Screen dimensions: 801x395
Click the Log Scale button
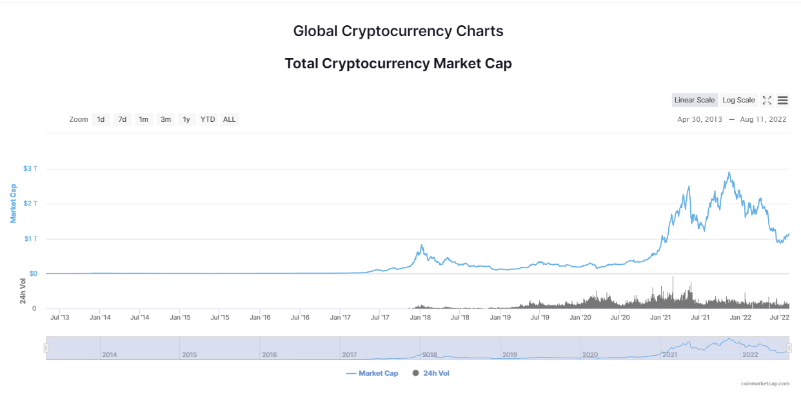[x=738, y=100]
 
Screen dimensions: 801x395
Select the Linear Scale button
[x=695, y=100]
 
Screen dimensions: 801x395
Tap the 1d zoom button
[x=101, y=119]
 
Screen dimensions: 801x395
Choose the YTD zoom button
[x=208, y=119]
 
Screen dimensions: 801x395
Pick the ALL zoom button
[x=229, y=119]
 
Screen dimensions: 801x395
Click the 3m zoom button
[x=165, y=119]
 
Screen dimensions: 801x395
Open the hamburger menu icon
[x=783, y=101]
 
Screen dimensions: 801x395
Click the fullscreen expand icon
[x=767, y=101]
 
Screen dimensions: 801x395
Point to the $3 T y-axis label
[x=30, y=169]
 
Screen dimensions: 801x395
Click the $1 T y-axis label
[x=31, y=239]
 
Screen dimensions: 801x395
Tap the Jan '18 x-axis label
[x=420, y=317]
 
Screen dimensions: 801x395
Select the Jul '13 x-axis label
[x=60, y=317]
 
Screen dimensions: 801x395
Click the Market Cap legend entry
[x=372, y=373]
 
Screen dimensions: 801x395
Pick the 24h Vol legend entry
[x=431, y=373]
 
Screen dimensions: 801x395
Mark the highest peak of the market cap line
[x=729, y=173]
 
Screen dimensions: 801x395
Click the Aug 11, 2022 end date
[x=763, y=119]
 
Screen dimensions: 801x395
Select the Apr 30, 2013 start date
[x=700, y=119]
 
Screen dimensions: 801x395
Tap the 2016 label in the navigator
[x=270, y=354]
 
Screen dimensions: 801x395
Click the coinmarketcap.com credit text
[x=766, y=383]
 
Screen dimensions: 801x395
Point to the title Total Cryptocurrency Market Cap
[x=399, y=64]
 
